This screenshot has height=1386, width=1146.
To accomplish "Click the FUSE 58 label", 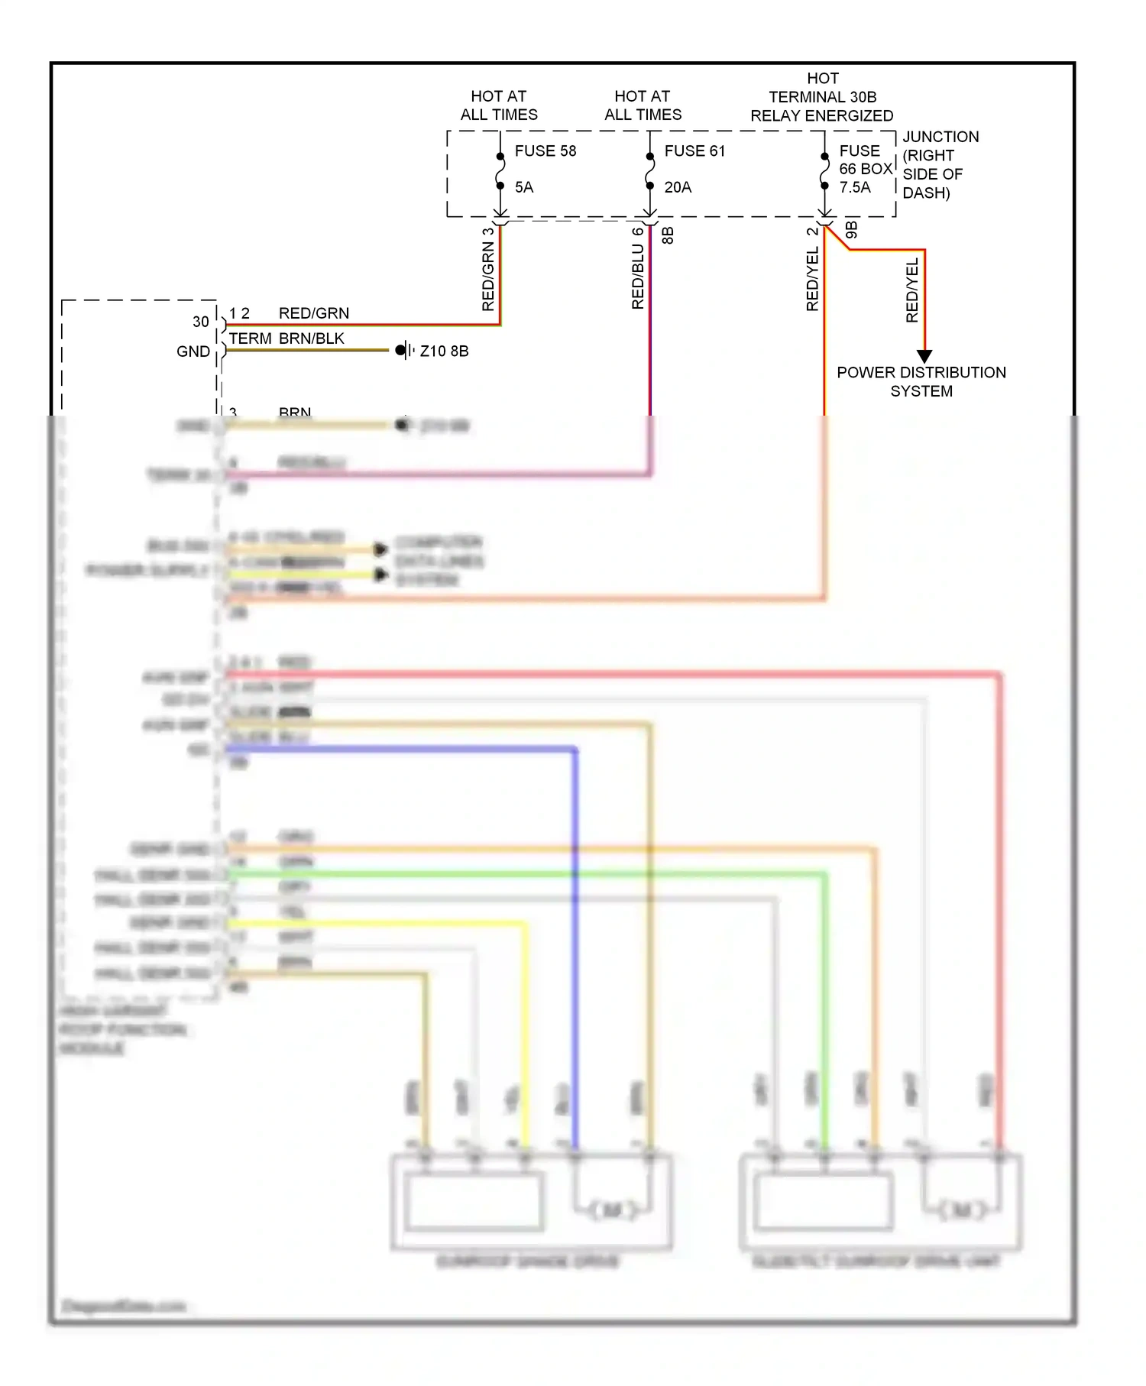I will click(545, 151).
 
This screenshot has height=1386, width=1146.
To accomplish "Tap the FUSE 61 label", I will click(694, 151).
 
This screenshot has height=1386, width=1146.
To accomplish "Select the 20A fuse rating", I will click(678, 187).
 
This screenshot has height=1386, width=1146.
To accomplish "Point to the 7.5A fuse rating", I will click(855, 187).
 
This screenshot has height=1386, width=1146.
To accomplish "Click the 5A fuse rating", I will click(524, 187).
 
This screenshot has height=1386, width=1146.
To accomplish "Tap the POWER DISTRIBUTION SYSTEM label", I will click(921, 381).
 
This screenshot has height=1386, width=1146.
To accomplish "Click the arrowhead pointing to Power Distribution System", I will click(924, 356).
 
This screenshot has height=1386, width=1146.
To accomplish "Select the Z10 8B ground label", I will click(444, 351).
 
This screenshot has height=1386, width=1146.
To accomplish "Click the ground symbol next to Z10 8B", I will click(405, 351).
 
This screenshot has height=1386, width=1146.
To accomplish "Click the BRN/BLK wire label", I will click(311, 338).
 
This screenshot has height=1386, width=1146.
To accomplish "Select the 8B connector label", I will click(668, 235).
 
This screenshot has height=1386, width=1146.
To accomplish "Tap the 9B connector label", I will click(852, 230).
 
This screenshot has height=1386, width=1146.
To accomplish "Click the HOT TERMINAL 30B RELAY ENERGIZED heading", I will click(822, 97).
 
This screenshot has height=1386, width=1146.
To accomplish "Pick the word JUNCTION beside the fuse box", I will click(940, 137).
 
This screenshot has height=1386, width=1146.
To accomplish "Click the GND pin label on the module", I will click(193, 351).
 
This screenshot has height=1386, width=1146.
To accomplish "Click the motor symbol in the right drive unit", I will click(962, 1210).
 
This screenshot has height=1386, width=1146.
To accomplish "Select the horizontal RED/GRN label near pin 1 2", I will click(313, 313).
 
